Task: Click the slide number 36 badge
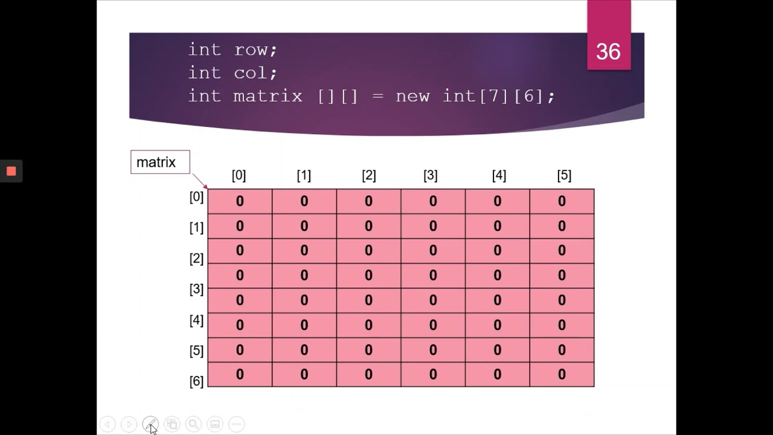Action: click(608, 51)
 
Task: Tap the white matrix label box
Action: click(160, 162)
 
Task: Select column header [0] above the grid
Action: click(239, 175)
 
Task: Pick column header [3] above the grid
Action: click(430, 175)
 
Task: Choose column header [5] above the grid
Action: click(563, 175)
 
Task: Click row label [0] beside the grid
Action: click(196, 197)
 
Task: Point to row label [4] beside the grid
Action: click(196, 320)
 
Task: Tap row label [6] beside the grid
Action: click(196, 381)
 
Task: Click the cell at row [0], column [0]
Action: click(240, 201)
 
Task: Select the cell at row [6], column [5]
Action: click(562, 375)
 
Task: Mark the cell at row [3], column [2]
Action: click(368, 275)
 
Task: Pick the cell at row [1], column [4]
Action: click(497, 226)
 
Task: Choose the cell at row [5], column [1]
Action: click(304, 350)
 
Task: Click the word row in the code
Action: click(255, 50)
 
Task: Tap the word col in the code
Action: click(255, 73)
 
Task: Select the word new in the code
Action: click(412, 96)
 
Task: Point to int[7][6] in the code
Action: click(498, 96)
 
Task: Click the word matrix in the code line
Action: click(268, 96)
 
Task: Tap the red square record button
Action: click(11, 172)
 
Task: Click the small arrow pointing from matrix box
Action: click(200, 181)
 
